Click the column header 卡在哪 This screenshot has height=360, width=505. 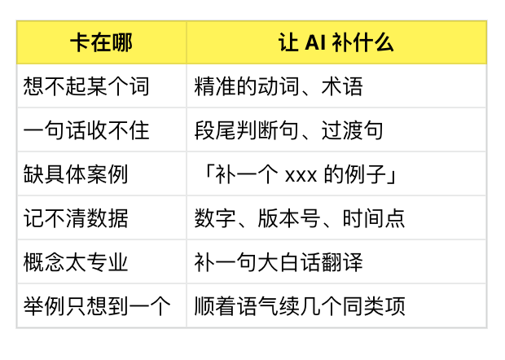[x=101, y=42]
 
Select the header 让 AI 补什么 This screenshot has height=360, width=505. [x=336, y=42]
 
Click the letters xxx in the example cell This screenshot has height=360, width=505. [x=301, y=176]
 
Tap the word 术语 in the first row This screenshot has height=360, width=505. [x=342, y=86]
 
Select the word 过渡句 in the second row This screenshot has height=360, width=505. [x=353, y=130]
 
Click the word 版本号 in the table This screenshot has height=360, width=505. [x=289, y=218]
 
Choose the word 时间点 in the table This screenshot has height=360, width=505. [x=374, y=218]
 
